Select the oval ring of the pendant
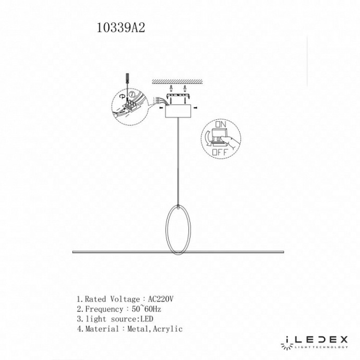(x=177, y=230)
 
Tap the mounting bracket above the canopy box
(x=177, y=95)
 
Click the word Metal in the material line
(x=140, y=329)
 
